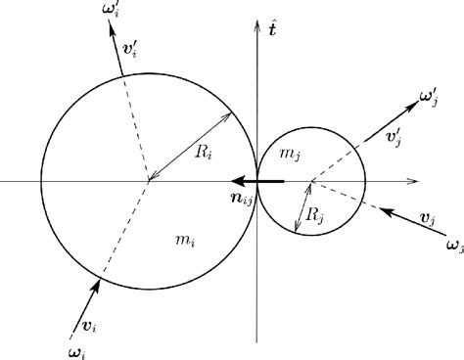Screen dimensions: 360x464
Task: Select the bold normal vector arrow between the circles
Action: click(256, 181)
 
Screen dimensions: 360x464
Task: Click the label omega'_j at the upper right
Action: click(431, 99)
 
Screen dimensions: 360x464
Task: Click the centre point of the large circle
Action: click(148, 181)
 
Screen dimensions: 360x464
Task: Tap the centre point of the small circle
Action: click(311, 181)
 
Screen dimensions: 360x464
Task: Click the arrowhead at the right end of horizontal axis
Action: click(417, 181)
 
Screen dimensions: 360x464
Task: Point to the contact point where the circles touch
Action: click(256, 181)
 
